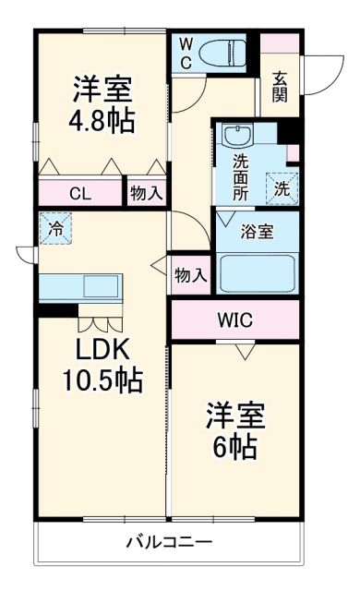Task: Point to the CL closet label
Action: pyautogui.click(x=80, y=194)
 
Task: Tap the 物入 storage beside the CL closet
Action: pyautogui.click(x=147, y=194)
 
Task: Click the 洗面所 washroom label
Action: pyautogui.click(x=240, y=175)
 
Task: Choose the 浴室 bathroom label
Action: pyautogui.click(x=258, y=231)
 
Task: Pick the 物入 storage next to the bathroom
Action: pyautogui.click(x=191, y=274)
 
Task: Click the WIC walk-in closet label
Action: pyautogui.click(x=235, y=320)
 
